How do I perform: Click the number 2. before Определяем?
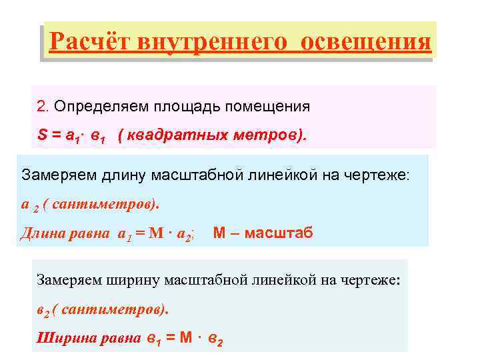(x=43, y=107)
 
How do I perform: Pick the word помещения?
(x=267, y=107)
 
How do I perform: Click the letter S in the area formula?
(x=41, y=135)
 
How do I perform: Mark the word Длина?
(x=41, y=233)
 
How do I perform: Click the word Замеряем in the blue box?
(x=53, y=176)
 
